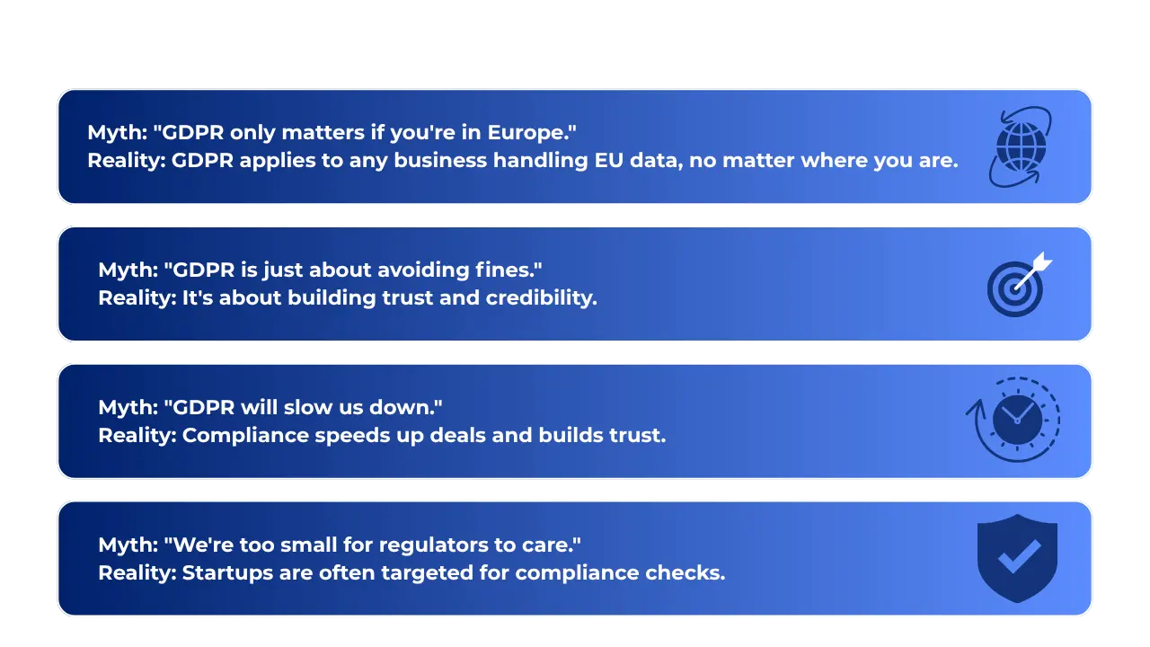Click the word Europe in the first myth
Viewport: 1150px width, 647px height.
click(531, 133)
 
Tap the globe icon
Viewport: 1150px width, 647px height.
click(1021, 147)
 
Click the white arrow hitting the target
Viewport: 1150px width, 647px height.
click(1033, 271)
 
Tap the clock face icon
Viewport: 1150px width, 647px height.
click(1017, 420)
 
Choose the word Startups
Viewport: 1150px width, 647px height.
click(227, 573)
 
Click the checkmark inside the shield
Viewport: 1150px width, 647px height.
click(1019, 556)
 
